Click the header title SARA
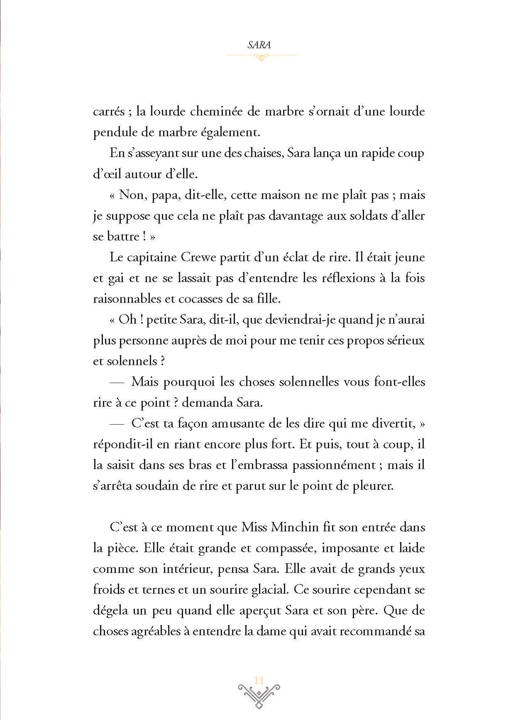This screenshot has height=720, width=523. pyautogui.click(x=259, y=45)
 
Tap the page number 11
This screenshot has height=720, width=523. pyautogui.click(x=259, y=680)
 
